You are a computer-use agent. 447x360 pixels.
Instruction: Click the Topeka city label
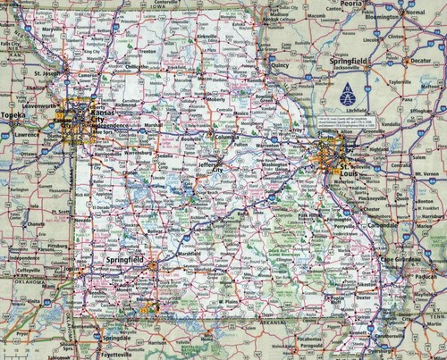[13, 115]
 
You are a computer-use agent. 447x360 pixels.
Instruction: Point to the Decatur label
[421, 62]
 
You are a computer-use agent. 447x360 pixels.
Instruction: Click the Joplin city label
[61, 266]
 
